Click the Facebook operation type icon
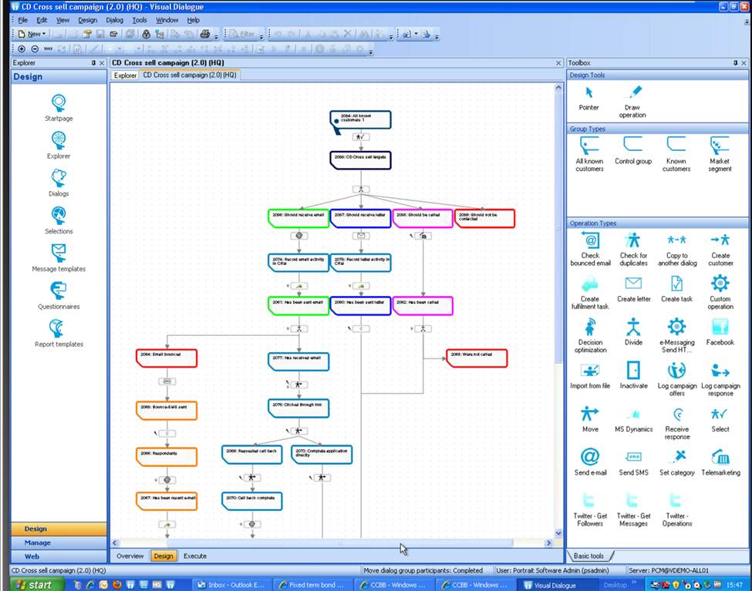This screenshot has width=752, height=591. coord(720,327)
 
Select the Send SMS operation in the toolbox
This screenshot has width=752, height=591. coord(633,458)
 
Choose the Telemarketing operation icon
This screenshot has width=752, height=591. coord(720,458)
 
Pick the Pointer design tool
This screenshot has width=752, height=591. coord(588,93)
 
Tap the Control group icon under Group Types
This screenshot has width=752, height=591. coord(632,146)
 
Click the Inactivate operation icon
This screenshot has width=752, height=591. coord(633,371)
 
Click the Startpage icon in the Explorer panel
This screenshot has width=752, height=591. coord(59,103)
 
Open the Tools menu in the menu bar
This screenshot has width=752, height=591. coord(139,20)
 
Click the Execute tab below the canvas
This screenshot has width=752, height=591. coord(194,556)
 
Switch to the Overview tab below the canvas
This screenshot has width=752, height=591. coord(130,556)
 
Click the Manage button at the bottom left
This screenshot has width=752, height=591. coord(37,542)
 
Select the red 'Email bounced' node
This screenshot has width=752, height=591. coord(167,358)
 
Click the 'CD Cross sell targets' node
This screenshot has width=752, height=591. coord(360,160)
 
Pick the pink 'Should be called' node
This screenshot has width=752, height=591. coord(423,219)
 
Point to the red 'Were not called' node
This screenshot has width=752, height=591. coord(477,358)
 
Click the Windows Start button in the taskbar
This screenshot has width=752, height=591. coord(32,585)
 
